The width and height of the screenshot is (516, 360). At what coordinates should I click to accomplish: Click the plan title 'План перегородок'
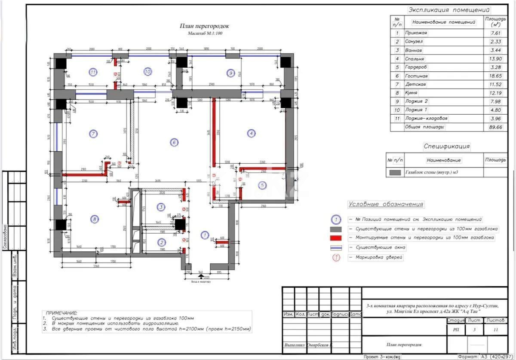(x=204, y=26)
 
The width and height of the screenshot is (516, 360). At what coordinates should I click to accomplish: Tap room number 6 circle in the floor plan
(x=174, y=143)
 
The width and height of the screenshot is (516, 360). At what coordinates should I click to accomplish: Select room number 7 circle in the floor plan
(x=94, y=134)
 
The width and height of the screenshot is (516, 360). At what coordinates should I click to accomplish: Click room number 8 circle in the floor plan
(x=94, y=220)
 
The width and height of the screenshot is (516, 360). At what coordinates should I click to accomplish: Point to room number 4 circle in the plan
(x=251, y=134)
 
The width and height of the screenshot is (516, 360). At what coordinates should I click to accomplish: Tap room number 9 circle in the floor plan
(x=231, y=73)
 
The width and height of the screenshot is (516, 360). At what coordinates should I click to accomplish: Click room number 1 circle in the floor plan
(x=205, y=235)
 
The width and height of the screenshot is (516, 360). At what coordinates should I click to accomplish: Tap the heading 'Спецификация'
(x=447, y=146)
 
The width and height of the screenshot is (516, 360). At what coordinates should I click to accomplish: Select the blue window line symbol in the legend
(x=335, y=248)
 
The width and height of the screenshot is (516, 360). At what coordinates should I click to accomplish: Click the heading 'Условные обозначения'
(x=386, y=204)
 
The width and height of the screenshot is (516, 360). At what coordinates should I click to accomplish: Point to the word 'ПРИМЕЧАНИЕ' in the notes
(x=61, y=313)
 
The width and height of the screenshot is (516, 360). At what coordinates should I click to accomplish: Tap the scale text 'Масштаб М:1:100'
(x=205, y=34)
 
